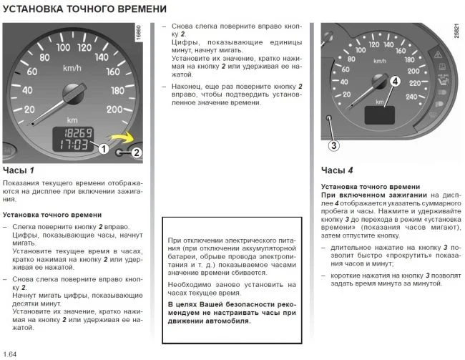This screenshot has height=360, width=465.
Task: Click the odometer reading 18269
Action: (74, 134)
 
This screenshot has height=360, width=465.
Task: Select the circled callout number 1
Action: (103, 150)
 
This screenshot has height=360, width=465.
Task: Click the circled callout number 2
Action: (137, 152)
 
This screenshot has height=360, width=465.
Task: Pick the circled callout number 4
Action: (394, 82)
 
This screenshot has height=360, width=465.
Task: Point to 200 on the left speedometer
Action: (114, 109)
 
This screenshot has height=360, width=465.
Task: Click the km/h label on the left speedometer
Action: (72, 68)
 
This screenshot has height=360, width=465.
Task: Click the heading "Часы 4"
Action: (337, 170)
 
